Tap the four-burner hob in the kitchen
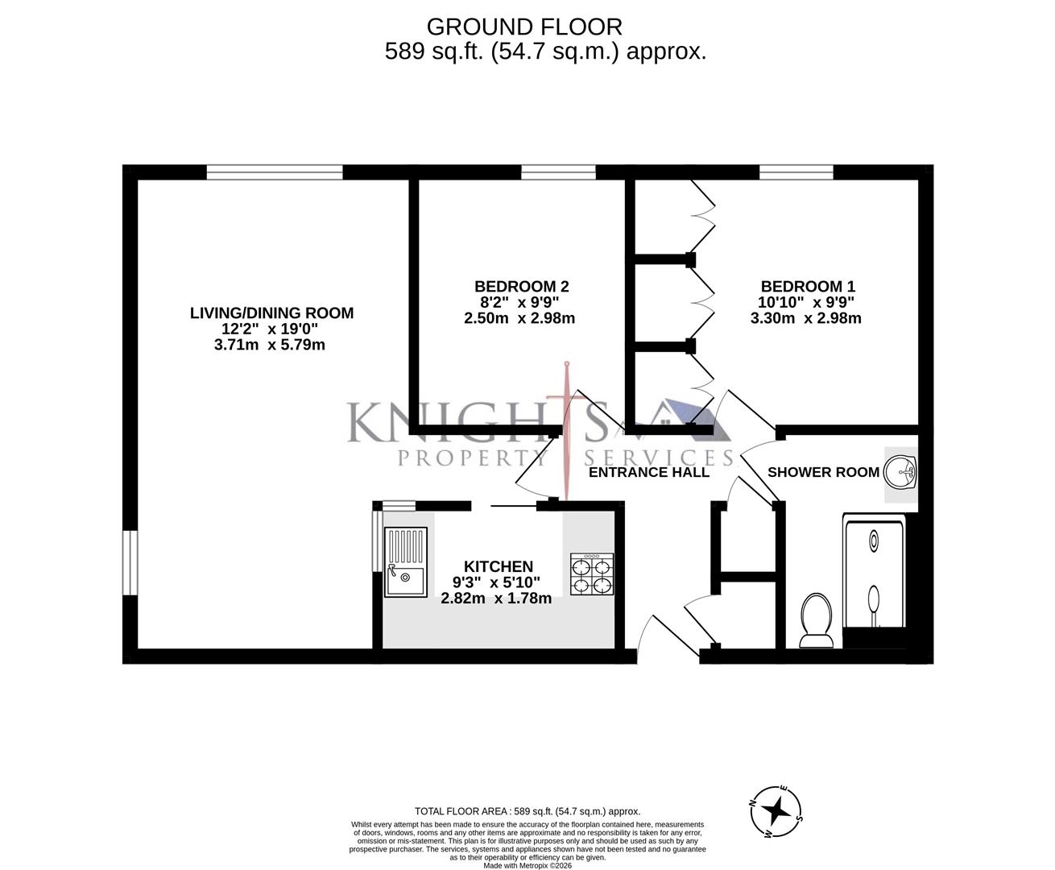click(592, 574)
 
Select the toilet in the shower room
click(816, 620)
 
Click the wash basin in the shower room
click(900, 473)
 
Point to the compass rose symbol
click(776, 810)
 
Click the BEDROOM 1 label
click(808, 286)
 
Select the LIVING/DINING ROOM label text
click(271, 313)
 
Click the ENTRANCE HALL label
click(649, 472)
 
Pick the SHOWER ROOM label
click(823, 472)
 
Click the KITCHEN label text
click(498, 567)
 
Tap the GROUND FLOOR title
click(524, 27)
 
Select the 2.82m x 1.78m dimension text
click(496, 598)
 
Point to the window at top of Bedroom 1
click(796, 172)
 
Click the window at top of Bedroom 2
click(558, 172)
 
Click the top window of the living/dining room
click(274, 172)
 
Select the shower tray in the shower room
click(875, 572)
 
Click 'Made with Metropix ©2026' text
click(527, 865)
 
